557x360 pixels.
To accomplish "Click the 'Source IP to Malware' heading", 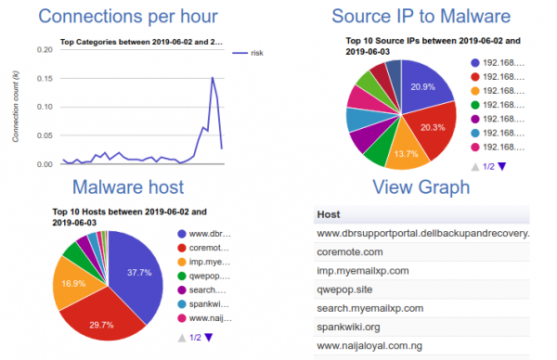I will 421,17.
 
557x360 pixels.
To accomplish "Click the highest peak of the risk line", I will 213,78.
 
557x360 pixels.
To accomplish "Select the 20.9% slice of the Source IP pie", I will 422,87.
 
